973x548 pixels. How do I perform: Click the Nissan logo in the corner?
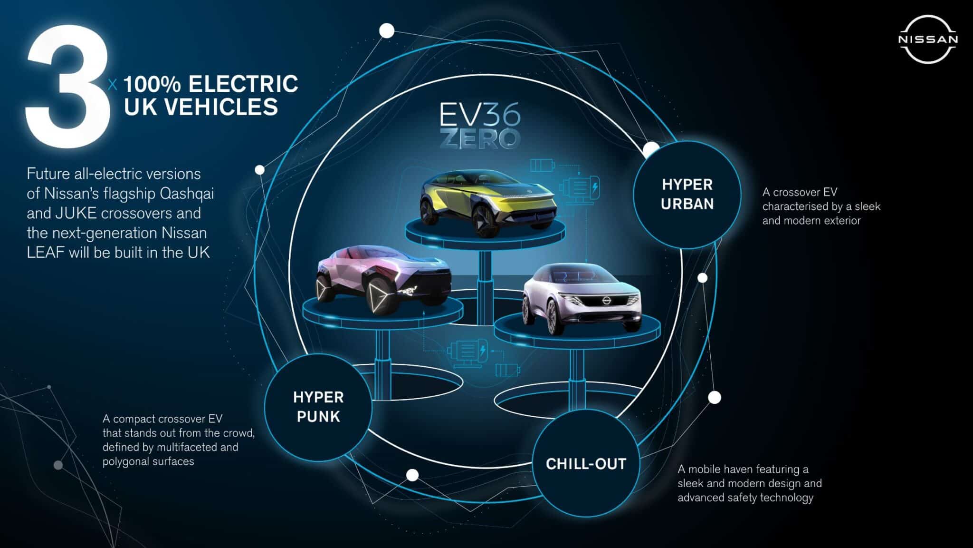(928, 39)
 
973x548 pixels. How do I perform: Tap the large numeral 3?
(67, 90)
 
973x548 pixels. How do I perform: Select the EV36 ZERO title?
(480, 126)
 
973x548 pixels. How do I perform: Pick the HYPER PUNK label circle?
(318, 407)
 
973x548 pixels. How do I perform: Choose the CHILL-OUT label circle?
(586, 463)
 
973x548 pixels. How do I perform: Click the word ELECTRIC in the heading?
(243, 84)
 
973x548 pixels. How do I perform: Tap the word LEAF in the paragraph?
(46, 252)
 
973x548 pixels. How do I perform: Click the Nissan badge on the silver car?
(605, 300)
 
